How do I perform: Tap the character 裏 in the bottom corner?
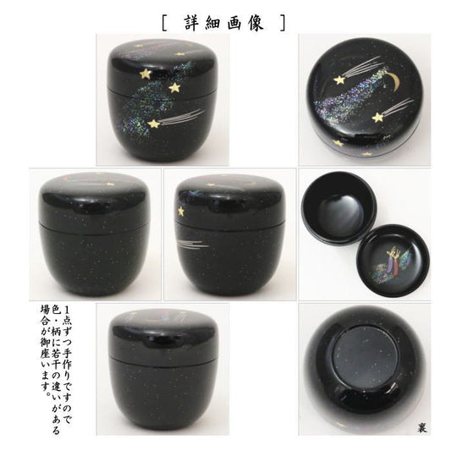tap(422, 427)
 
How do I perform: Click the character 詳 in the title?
tap(192, 23)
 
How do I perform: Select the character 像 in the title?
tap(256, 23)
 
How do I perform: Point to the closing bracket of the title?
tap(283, 23)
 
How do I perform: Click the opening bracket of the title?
tap(164, 23)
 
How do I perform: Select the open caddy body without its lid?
tap(339, 206)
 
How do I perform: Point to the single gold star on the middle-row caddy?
tap(180, 212)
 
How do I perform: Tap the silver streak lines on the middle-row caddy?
tap(193, 245)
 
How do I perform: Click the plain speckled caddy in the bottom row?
tap(162, 370)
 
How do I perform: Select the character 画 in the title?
tap(235, 23)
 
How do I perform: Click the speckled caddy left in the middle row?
tap(94, 234)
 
